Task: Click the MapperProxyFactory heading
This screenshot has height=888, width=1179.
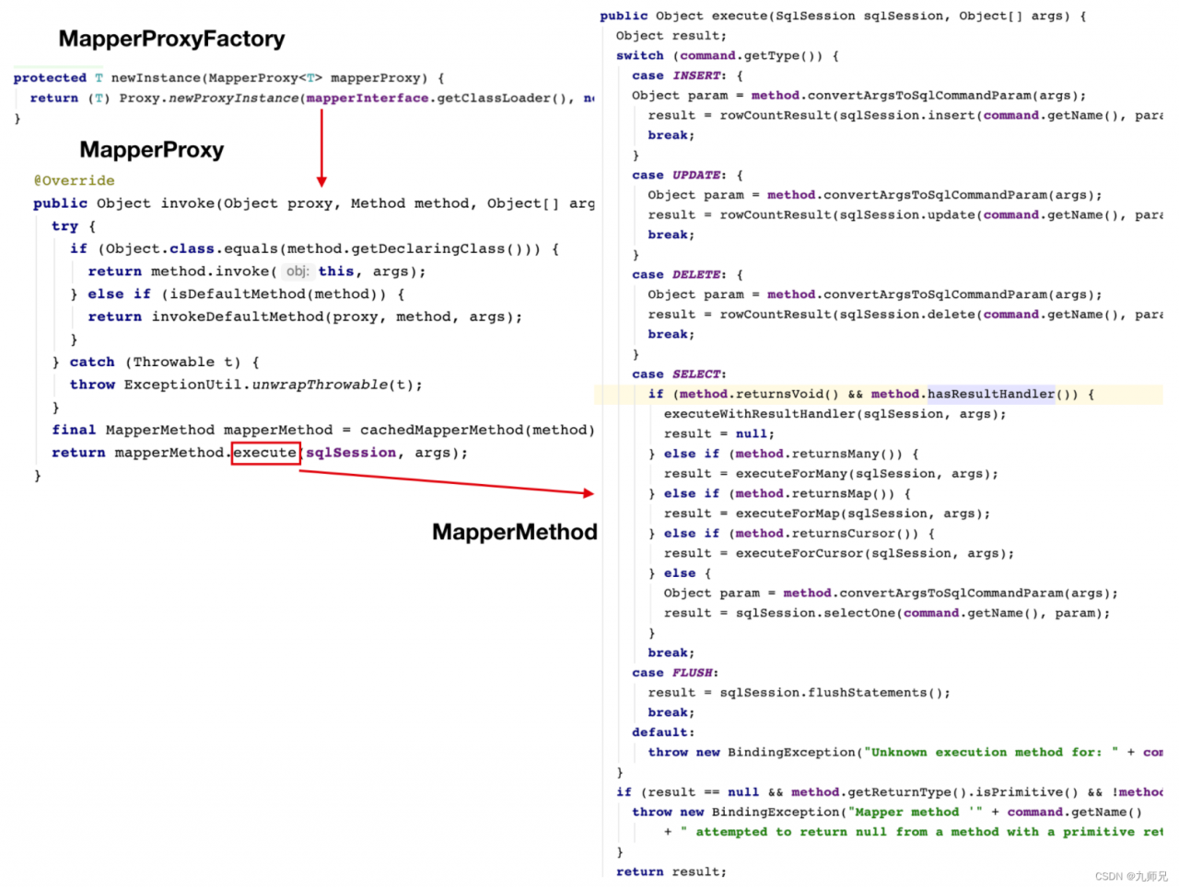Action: (172, 39)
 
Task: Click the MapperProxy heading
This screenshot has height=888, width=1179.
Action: (152, 150)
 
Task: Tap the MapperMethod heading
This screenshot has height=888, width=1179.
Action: (515, 532)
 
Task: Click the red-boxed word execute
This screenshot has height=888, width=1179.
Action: (265, 453)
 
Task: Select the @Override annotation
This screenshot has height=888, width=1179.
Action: (74, 180)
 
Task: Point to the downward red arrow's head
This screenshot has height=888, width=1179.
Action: (321, 182)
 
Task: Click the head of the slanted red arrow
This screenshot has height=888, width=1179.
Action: (589, 493)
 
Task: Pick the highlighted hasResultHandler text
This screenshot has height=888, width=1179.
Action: (991, 394)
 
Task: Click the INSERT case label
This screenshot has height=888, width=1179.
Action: (696, 75)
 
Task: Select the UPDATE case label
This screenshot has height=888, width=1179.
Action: (696, 175)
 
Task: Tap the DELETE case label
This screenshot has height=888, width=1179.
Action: (696, 275)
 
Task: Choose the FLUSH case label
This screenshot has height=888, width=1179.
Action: (693, 673)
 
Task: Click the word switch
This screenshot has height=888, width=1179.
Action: (640, 56)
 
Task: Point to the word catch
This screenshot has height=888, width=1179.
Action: (92, 363)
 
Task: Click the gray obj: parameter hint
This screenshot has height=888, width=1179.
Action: (298, 271)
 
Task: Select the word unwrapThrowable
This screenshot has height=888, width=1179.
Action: (321, 385)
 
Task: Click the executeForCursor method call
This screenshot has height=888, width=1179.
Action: (800, 553)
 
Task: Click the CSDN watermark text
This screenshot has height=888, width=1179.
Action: (1131, 876)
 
